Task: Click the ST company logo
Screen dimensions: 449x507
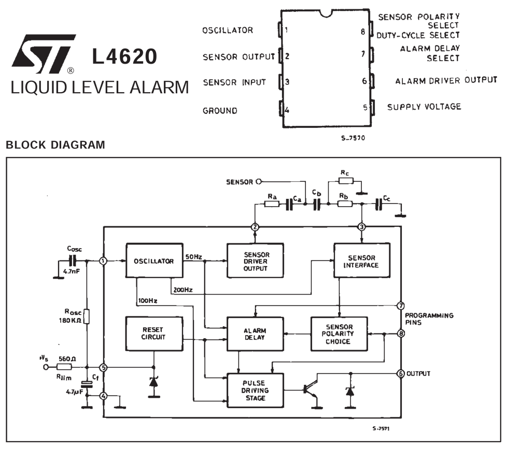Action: coord(44,54)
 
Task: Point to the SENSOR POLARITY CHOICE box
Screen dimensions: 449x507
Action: coord(339,334)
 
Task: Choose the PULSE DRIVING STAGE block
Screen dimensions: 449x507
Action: coord(255,390)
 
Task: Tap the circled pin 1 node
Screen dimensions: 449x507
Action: coord(103,261)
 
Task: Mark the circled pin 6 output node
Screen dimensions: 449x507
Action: coord(400,373)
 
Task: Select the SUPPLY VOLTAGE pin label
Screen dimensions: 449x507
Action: coord(424,107)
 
